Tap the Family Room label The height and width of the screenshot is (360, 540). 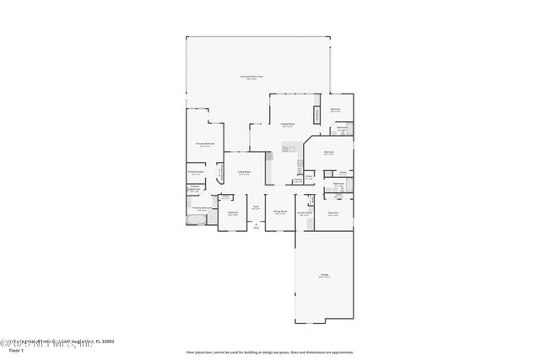[x=288, y=123]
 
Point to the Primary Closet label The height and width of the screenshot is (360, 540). [x=195, y=172]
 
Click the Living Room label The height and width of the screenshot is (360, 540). [x=245, y=172]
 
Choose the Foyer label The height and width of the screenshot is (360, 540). [x=255, y=207]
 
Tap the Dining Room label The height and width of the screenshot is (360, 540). [x=281, y=212]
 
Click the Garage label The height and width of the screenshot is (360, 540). [x=324, y=275]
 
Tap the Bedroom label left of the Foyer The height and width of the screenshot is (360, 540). [x=233, y=212]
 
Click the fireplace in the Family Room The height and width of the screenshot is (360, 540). [x=317, y=114]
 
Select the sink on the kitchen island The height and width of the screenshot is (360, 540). [x=286, y=149]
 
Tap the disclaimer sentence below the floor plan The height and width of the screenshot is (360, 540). [x=270, y=352]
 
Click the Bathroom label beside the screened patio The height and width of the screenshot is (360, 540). [x=335, y=109]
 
